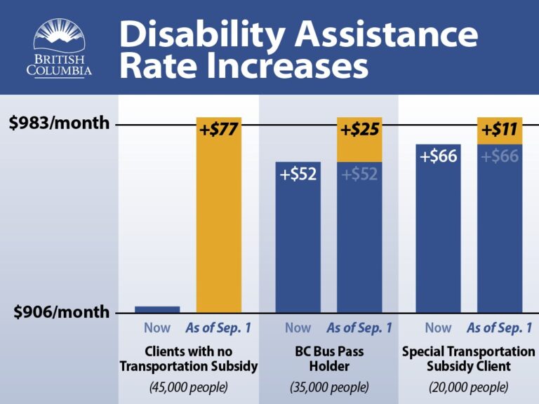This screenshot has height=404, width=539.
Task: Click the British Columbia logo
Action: (x=59, y=48)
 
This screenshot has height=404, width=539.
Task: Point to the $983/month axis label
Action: (x=60, y=123)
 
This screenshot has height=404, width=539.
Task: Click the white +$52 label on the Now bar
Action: (x=298, y=174)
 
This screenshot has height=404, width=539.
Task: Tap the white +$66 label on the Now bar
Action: (x=438, y=156)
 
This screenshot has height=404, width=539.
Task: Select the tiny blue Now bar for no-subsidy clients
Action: (x=157, y=309)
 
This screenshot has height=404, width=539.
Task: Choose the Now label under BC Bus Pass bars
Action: (x=298, y=328)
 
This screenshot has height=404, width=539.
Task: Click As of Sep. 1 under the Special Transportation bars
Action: (x=499, y=328)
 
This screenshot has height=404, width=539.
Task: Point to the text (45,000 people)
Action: (x=188, y=386)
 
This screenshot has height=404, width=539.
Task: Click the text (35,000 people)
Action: (x=328, y=386)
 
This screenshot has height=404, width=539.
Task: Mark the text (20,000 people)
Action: (x=468, y=386)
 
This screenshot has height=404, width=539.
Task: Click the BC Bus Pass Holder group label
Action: (x=328, y=358)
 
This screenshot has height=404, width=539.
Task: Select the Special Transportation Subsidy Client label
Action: (x=468, y=358)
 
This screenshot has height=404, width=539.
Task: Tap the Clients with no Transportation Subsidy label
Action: (x=188, y=358)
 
